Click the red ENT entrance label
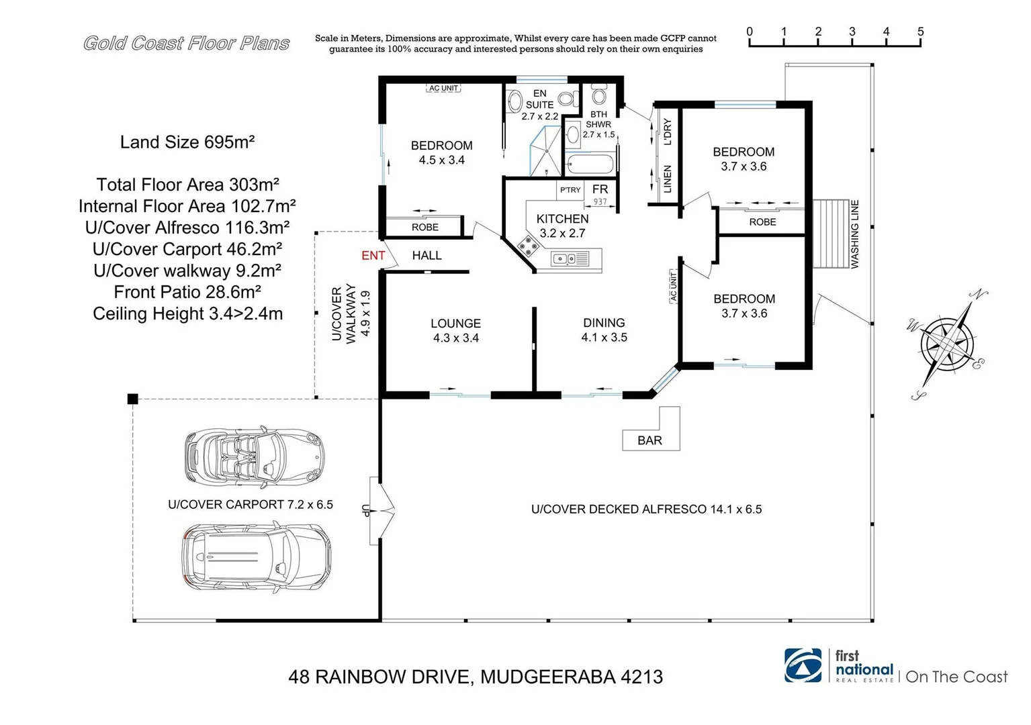click(x=373, y=256)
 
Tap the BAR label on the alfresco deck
click(x=649, y=440)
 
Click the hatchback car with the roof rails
click(x=256, y=557)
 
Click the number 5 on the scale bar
click(x=920, y=32)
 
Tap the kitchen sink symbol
click(x=570, y=258)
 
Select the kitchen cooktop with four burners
click(x=529, y=246)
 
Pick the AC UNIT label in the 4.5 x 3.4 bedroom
click(x=443, y=88)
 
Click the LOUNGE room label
click(x=455, y=324)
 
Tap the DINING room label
click(x=604, y=323)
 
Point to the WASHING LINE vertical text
click(x=855, y=234)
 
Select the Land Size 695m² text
click(x=187, y=142)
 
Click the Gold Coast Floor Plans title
click(x=186, y=44)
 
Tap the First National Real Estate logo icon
click(x=803, y=665)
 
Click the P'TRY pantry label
click(x=570, y=190)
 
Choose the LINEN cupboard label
click(x=668, y=179)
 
